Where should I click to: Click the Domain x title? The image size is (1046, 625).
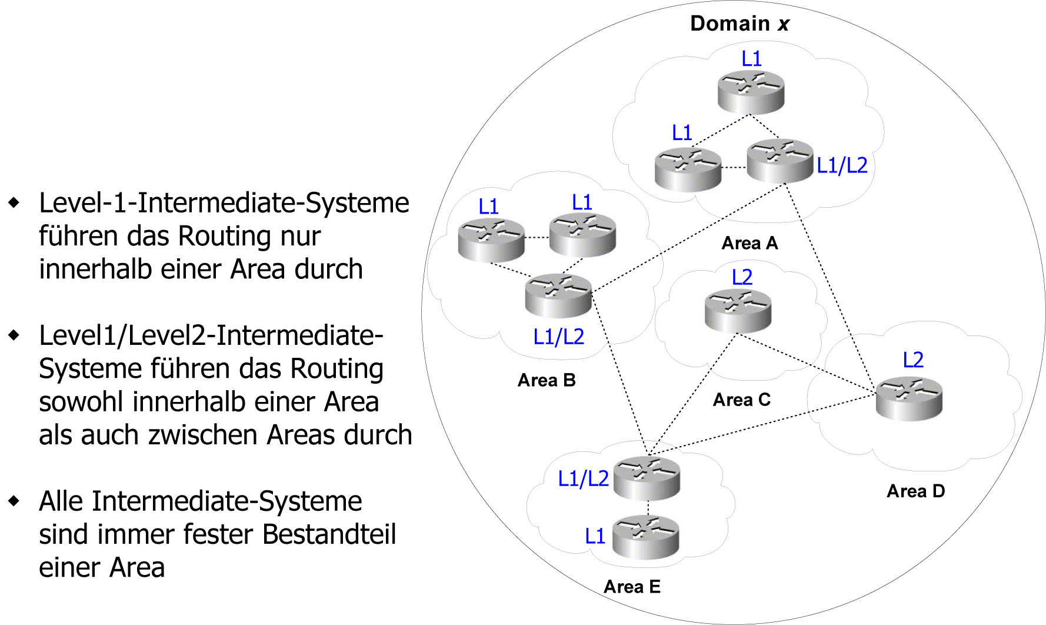pyautogui.click(x=739, y=24)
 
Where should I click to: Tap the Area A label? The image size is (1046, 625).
pyautogui.click(x=749, y=243)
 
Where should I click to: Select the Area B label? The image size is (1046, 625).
pyautogui.click(x=546, y=380)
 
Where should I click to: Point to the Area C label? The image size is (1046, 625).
pyautogui.click(x=741, y=400)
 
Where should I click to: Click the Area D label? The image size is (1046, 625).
pyautogui.click(x=915, y=491)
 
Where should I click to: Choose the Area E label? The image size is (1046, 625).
pyautogui.click(x=632, y=587)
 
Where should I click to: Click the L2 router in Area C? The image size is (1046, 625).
pyautogui.click(x=738, y=311)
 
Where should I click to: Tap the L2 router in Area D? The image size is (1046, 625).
pyautogui.click(x=909, y=399)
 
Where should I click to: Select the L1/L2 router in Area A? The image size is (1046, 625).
pyautogui.click(x=779, y=161)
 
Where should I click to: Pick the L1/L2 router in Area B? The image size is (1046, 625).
pyautogui.click(x=558, y=295)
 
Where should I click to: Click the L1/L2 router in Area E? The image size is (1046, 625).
pyautogui.click(x=647, y=478)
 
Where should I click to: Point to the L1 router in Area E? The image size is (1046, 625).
pyautogui.click(x=645, y=537)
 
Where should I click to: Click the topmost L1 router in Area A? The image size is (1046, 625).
pyautogui.click(x=751, y=92)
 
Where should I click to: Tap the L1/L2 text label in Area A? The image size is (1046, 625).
pyautogui.click(x=842, y=165)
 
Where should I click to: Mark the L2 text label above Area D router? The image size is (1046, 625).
pyautogui.click(x=913, y=360)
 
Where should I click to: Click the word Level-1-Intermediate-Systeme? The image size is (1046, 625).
pyautogui.click(x=224, y=203)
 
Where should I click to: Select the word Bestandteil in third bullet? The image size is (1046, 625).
pyautogui.click(x=329, y=534)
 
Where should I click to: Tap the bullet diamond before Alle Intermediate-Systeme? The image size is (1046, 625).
pyautogui.click(x=14, y=501)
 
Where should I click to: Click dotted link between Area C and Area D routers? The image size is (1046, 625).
pyautogui.click(x=806, y=363)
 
